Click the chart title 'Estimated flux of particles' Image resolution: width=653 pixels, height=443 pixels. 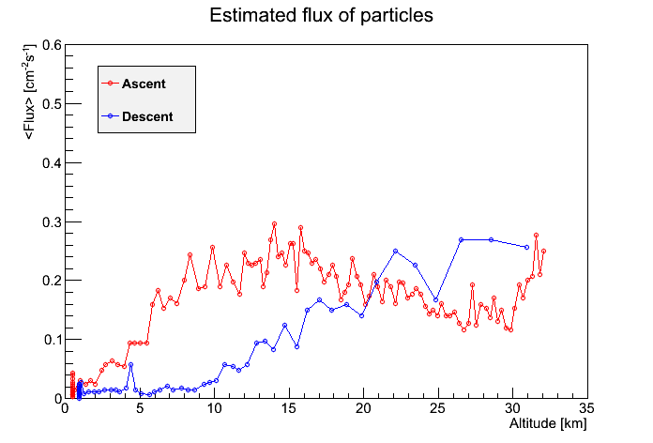click(x=321, y=16)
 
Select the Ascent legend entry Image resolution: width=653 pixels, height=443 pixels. click(x=133, y=84)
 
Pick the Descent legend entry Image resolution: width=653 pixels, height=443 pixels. click(x=137, y=116)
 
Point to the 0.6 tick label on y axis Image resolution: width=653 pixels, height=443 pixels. click(x=52, y=45)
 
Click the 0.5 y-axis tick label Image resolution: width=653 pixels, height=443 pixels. click(x=52, y=104)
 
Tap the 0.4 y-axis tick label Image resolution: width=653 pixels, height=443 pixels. click(x=52, y=163)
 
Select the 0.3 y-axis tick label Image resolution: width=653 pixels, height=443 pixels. click(x=52, y=222)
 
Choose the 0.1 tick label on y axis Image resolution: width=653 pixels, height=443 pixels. click(x=52, y=340)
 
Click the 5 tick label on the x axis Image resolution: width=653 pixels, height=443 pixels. click(x=140, y=408)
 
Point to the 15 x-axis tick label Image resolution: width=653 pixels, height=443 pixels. click(x=289, y=408)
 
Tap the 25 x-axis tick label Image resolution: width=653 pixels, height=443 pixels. click(x=438, y=408)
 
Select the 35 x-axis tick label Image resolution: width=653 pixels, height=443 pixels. click(x=586, y=408)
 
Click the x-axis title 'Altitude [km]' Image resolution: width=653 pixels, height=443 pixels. click(x=548, y=424)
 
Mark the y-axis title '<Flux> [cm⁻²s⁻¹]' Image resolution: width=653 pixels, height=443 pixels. click(x=29, y=91)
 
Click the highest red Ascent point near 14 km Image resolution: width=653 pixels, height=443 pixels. click(x=275, y=223)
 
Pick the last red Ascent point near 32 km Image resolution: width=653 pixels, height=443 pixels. click(x=543, y=252)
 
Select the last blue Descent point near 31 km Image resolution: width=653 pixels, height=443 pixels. click(x=527, y=247)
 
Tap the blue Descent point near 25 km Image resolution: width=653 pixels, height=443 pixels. click(x=436, y=299)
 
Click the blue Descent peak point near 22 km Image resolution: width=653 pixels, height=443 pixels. click(x=396, y=252)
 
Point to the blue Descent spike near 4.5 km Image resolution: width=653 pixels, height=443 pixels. click(x=130, y=365)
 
